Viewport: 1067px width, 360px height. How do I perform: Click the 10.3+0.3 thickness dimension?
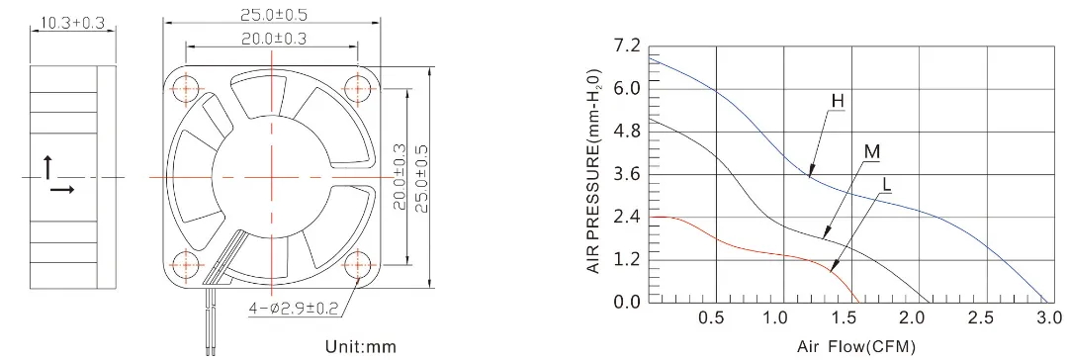[x=73, y=23]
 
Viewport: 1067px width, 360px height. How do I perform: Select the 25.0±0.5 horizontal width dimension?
[x=272, y=14]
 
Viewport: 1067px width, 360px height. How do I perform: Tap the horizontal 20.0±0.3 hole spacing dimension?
[x=272, y=39]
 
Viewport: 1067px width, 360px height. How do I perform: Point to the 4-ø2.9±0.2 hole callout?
[x=294, y=309]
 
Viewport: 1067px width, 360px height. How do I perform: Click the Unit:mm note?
[x=360, y=347]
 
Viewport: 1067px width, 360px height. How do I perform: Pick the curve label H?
[x=837, y=102]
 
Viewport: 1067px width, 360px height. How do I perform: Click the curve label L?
[x=887, y=184]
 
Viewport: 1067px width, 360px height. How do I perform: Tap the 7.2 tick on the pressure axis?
[x=626, y=46]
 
